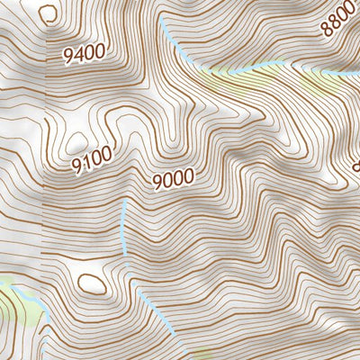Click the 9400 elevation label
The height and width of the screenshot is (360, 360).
click(84, 55)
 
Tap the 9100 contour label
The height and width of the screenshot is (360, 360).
click(94, 160)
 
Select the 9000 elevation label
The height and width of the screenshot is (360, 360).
click(173, 180)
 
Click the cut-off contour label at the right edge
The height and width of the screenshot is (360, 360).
click(355, 166)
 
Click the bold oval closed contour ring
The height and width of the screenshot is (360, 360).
click(91, 283)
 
